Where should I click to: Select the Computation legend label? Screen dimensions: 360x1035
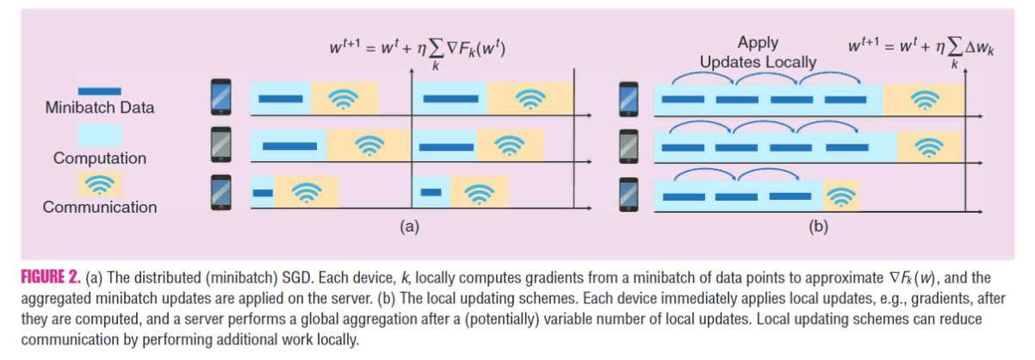click(x=100, y=158)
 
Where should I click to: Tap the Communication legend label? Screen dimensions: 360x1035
click(x=100, y=208)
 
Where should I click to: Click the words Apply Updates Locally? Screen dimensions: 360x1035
click(x=758, y=53)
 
